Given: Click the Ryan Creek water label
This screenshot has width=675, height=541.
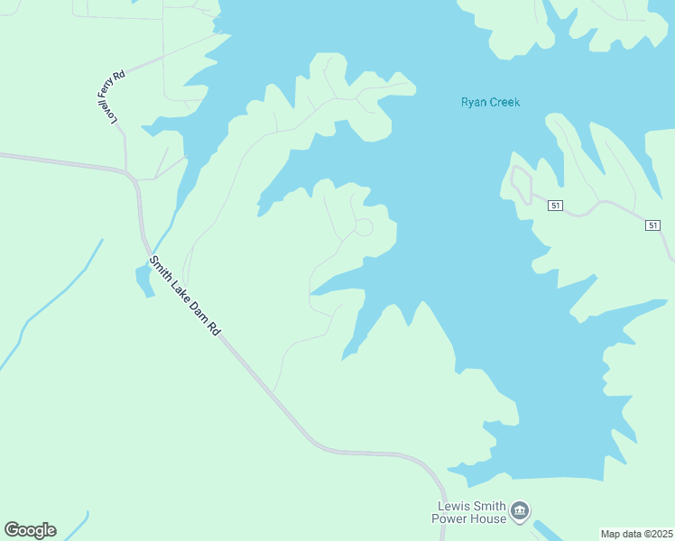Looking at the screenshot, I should (490, 102).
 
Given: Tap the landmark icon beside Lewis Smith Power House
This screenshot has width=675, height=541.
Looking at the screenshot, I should (519, 512).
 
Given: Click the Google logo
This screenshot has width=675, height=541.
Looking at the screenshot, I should (30, 530).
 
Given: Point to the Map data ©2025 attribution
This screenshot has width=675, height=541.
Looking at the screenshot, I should (637, 534).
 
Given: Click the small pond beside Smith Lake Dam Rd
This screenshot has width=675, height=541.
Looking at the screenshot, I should (143, 280).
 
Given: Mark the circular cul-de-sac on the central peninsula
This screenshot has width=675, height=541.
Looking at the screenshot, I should (363, 227).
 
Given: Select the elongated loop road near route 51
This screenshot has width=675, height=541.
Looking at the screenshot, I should (520, 184).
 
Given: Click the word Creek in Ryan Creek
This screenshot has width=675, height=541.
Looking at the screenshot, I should (504, 102).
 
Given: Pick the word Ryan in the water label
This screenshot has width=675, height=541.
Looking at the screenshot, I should (474, 102).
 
